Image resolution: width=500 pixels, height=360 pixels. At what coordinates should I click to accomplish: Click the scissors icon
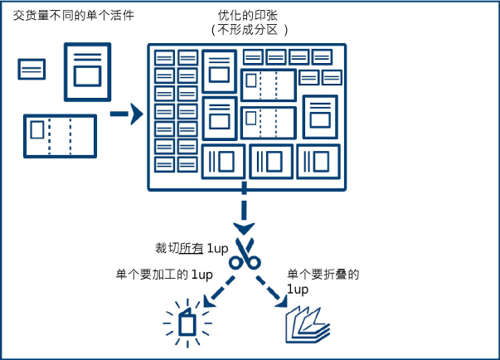pyautogui.click(x=245, y=254)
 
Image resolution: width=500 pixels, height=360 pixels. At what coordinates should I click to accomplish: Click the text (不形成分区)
pyautogui.click(x=251, y=31)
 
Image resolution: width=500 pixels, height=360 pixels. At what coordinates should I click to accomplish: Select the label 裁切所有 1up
pyautogui.click(x=191, y=249)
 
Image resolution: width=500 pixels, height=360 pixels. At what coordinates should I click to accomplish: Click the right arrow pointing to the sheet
pyautogui.click(x=125, y=114)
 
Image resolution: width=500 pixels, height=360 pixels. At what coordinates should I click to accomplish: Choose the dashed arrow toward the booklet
pyautogui.click(x=276, y=291)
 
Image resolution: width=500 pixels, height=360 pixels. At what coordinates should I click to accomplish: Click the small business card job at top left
pyautogui.click(x=32, y=69)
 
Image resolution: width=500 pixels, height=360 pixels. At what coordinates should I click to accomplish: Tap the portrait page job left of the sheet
pyautogui.click(x=87, y=71)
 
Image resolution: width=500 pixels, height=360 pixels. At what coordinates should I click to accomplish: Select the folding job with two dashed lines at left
pyautogui.click(x=60, y=135)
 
